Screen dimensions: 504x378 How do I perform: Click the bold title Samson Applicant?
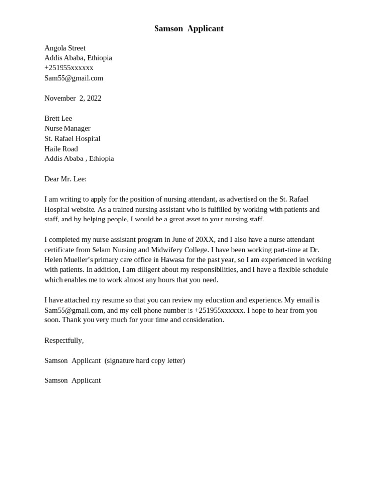coord(189,29)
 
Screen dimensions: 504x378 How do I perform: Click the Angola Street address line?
coord(65,48)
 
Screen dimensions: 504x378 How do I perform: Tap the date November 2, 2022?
coord(73,98)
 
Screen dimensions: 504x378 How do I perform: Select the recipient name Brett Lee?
coord(58,118)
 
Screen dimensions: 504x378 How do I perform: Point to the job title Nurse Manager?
coord(67,128)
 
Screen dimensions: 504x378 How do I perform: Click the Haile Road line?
coord(61,149)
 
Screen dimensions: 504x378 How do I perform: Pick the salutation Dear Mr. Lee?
coord(65,179)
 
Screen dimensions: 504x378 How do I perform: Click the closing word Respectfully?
coord(64,340)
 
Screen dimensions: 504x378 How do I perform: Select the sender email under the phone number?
coord(74,78)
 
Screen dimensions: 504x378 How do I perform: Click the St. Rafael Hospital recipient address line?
coord(72,139)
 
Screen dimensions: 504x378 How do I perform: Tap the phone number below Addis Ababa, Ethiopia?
coord(68,68)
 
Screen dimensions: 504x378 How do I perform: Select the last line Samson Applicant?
coord(72,380)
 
